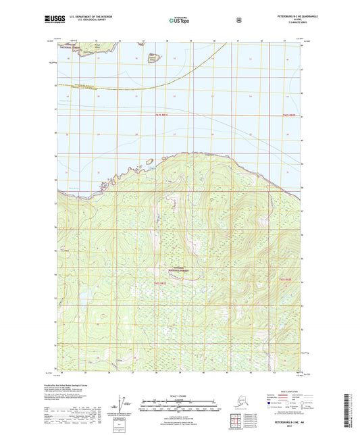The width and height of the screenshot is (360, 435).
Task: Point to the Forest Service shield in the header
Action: tap(238, 20)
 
